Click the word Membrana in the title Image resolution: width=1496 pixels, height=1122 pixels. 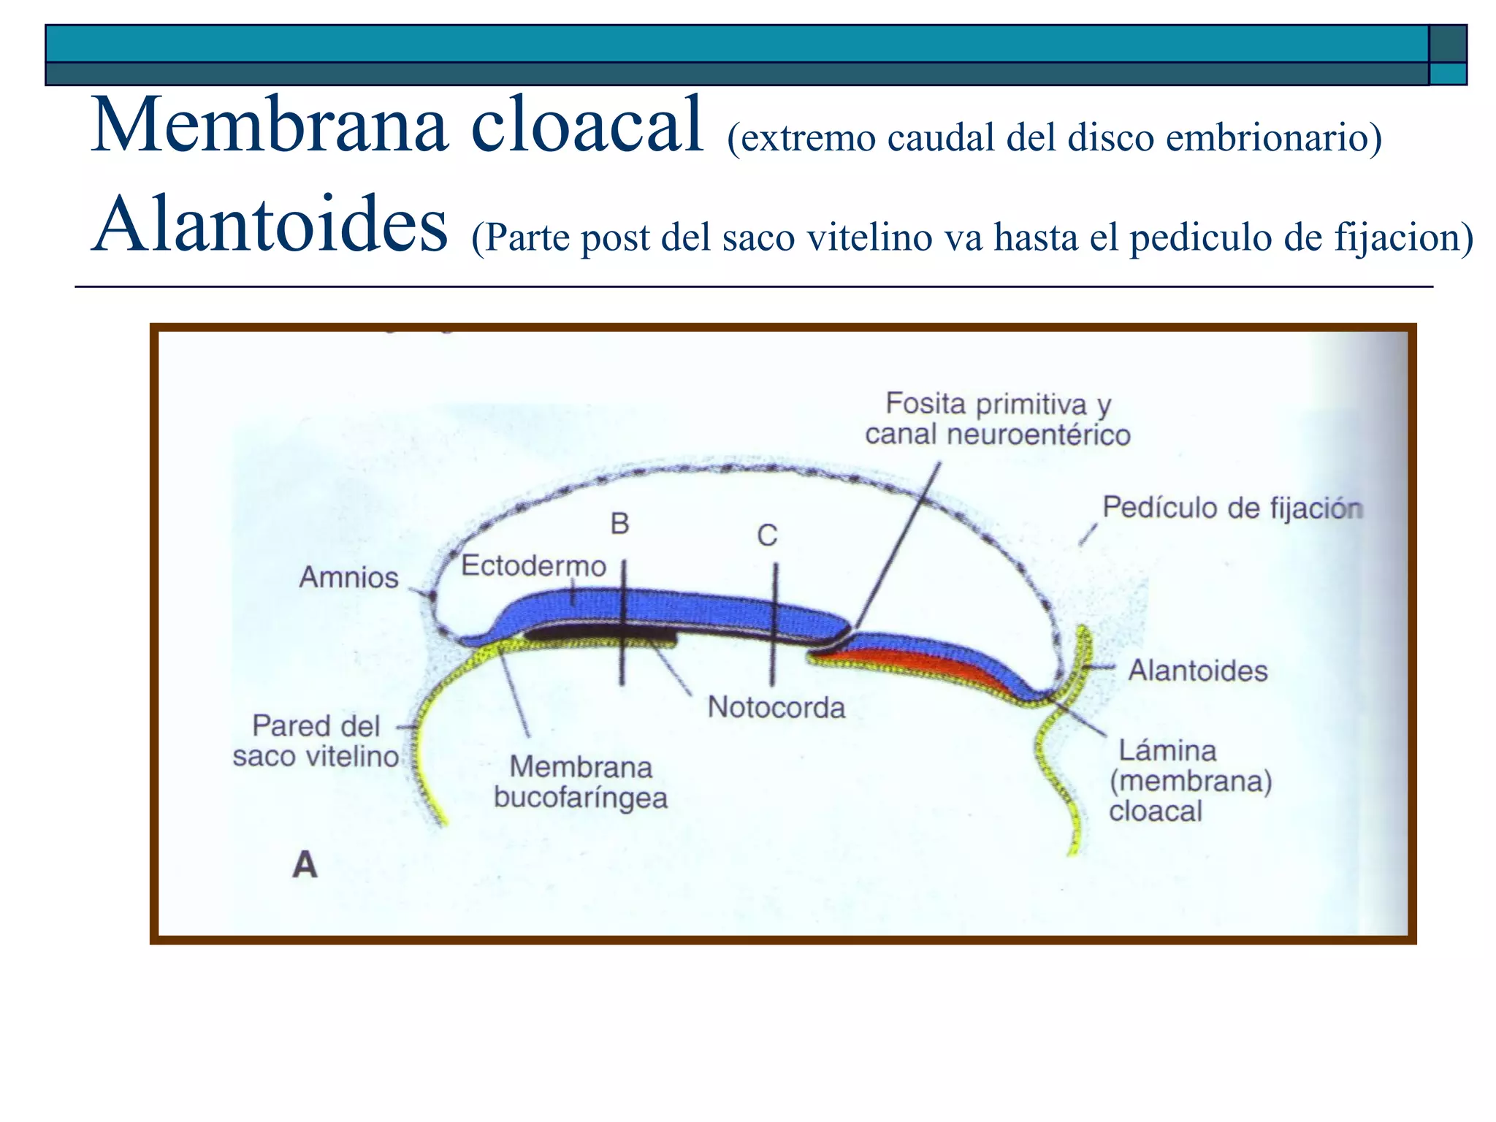(269, 126)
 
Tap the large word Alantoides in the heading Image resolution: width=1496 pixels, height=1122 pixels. (269, 225)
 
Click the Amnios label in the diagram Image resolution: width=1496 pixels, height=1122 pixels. (348, 578)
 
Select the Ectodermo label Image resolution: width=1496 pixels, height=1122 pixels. (533, 566)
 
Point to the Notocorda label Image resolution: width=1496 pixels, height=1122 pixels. (776, 707)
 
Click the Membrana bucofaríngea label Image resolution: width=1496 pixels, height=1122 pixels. (581, 782)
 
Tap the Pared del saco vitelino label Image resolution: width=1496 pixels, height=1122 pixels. (316, 741)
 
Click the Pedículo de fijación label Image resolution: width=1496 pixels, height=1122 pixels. (1232, 508)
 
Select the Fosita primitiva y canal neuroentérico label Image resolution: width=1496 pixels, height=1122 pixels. (998, 419)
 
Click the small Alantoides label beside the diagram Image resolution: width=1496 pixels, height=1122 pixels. (1198, 671)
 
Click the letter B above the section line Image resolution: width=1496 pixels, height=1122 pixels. (619, 524)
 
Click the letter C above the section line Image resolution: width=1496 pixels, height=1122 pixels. (767, 536)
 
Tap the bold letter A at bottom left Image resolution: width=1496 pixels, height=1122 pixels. (305, 866)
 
